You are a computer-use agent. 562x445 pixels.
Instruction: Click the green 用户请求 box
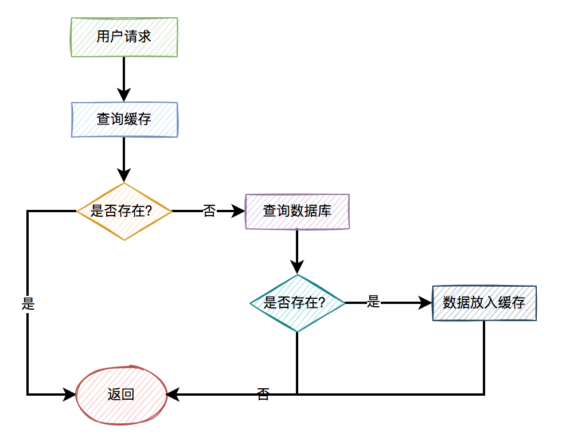pyautogui.click(x=124, y=37)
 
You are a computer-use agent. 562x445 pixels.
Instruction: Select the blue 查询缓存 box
pyautogui.click(x=124, y=119)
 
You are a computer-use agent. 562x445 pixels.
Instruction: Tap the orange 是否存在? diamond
pyautogui.click(x=124, y=211)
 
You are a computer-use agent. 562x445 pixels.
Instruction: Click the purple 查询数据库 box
pyautogui.click(x=297, y=211)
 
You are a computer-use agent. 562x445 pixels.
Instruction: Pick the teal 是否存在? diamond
pyautogui.click(x=297, y=303)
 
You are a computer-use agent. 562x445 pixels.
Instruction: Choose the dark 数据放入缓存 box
pyautogui.click(x=484, y=303)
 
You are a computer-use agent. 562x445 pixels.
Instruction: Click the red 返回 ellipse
pyautogui.click(x=121, y=395)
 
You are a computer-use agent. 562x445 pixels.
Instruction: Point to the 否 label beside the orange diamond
pyautogui.click(x=209, y=211)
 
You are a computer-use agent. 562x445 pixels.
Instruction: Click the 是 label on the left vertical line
pyautogui.click(x=28, y=304)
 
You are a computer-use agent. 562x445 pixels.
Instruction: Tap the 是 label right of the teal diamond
pyautogui.click(x=373, y=302)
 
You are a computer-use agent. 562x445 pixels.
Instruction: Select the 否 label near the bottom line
pyautogui.click(x=263, y=394)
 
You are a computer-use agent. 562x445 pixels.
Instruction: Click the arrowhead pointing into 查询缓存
pyautogui.click(x=124, y=95)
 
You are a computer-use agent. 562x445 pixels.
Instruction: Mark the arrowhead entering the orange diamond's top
pyautogui.click(x=124, y=175)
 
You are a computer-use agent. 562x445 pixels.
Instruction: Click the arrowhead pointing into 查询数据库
pyautogui.click(x=239, y=211)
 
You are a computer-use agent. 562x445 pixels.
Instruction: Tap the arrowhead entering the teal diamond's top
pyautogui.click(x=297, y=267)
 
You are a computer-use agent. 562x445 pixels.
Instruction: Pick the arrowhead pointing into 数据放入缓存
pyautogui.click(x=425, y=303)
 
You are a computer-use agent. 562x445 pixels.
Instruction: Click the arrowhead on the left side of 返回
pyautogui.click(x=69, y=395)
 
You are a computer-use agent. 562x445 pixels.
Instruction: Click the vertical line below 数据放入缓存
pyautogui.click(x=484, y=356)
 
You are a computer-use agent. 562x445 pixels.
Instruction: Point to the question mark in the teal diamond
pyautogui.click(x=321, y=303)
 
